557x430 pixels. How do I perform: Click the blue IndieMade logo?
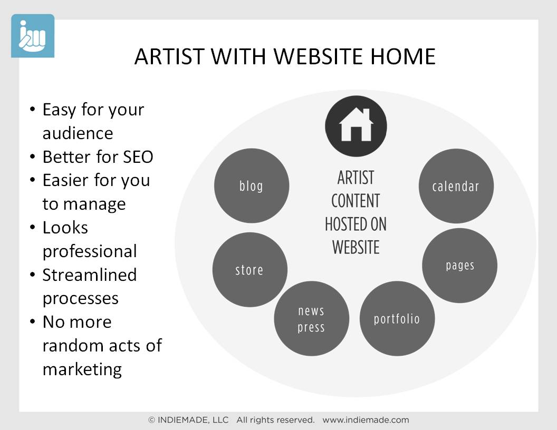click(33, 36)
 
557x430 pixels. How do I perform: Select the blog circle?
click(252, 185)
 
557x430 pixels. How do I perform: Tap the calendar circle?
click(456, 186)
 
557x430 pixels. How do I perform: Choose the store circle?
click(249, 270)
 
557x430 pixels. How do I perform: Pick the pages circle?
click(459, 266)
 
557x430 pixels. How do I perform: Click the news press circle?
click(312, 319)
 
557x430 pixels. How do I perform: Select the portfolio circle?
click(397, 319)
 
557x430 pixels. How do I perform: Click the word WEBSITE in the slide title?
click(318, 56)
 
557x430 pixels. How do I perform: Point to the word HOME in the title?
click(403, 56)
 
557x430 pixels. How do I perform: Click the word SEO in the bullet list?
click(138, 157)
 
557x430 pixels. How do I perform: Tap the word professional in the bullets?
click(90, 251)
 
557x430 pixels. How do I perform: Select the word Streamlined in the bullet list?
click(90, 275)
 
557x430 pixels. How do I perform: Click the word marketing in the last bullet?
click(82, 370)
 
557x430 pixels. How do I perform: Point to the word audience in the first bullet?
click(78, 134)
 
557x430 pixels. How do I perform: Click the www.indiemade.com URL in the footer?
click(366, 420)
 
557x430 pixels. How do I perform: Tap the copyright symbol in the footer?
click(152, 420)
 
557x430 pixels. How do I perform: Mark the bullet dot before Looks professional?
click(33, 227)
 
